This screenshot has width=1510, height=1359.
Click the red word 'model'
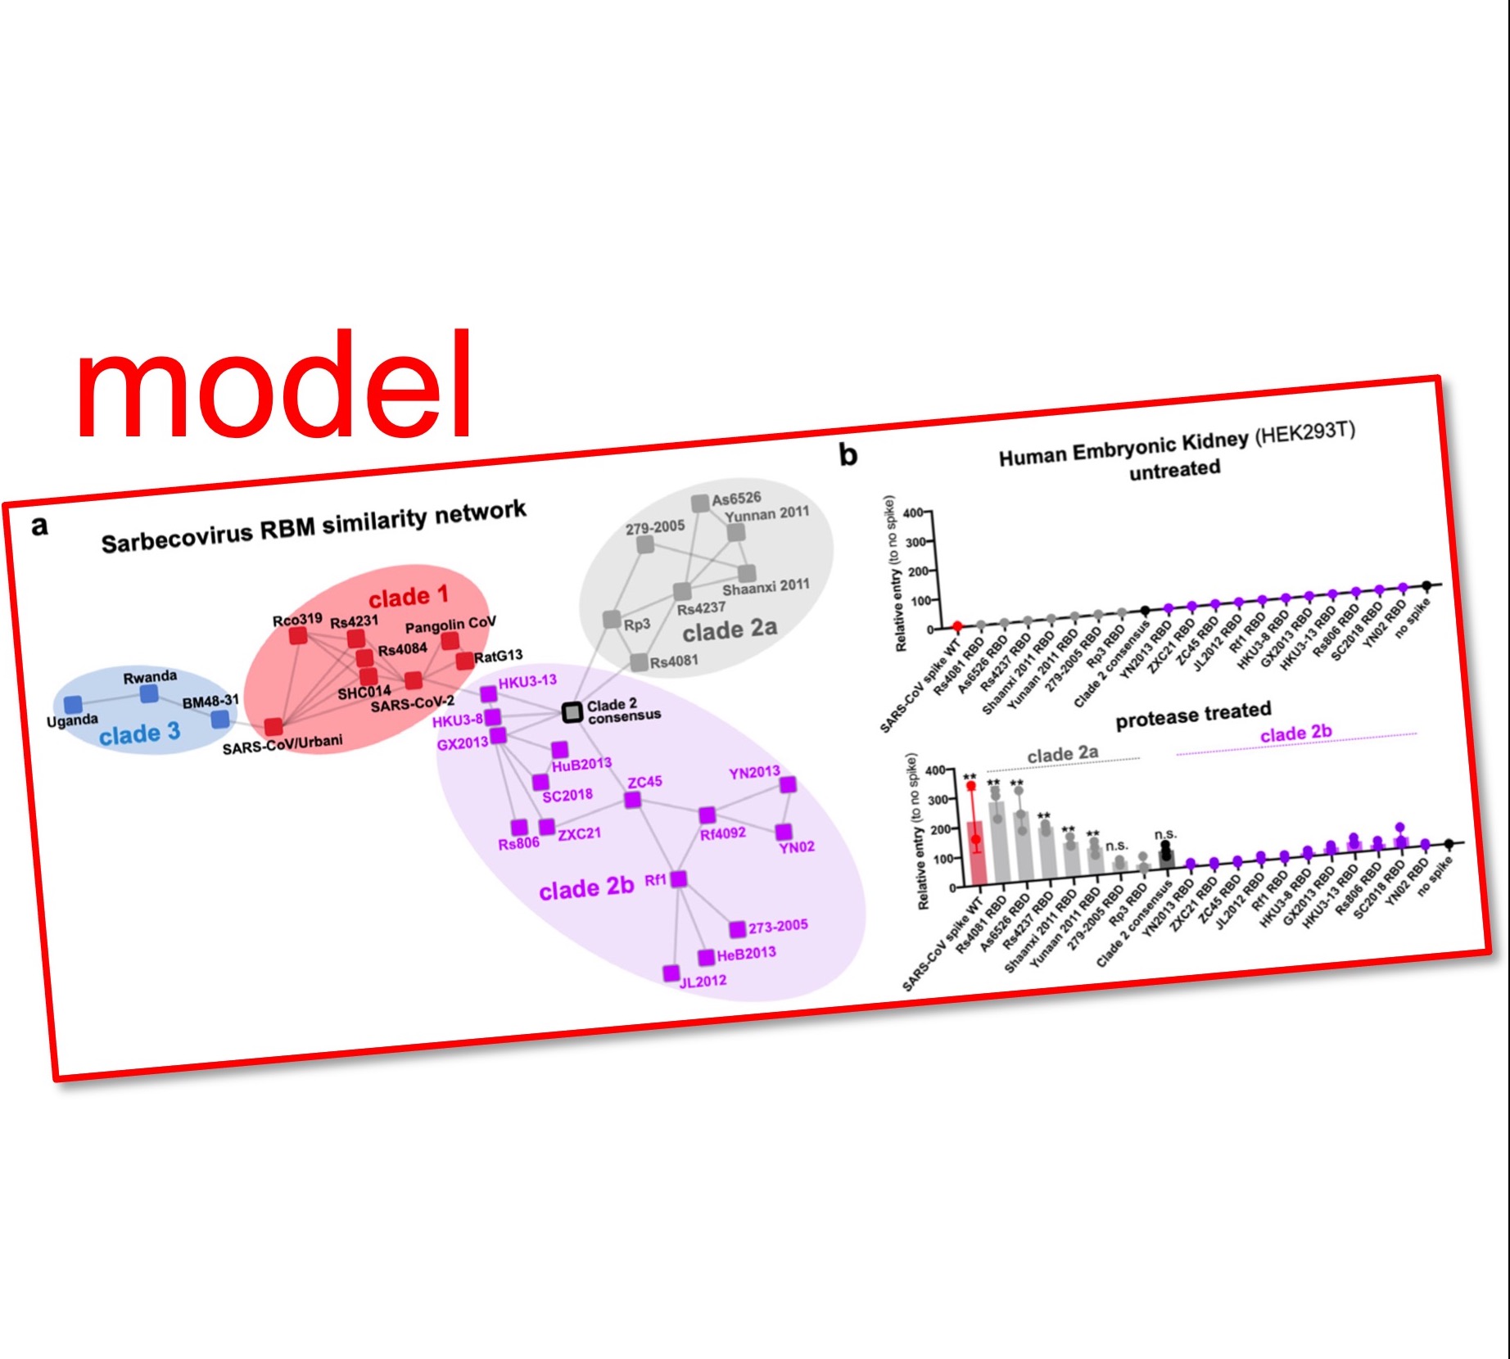point(274,385)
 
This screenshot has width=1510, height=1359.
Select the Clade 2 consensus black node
point(572,712)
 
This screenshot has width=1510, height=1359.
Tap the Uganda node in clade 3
point(73,704)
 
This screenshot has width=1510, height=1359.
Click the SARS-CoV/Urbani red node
point(274,727)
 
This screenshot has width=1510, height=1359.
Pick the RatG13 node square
point(464,660)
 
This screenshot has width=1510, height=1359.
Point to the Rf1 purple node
point(678,879)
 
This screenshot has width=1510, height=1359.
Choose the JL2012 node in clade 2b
point(671,973)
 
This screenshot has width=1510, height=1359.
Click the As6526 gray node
point(699,503)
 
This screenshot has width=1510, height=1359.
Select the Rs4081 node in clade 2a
point(639,662)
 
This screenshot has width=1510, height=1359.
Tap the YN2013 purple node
point(788,785)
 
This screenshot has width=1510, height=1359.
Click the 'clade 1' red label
point(408,596)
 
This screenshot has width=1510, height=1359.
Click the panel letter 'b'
point(848,454)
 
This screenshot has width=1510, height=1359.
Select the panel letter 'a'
point(38,526)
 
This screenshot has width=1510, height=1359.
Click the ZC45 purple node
point(632,800)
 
